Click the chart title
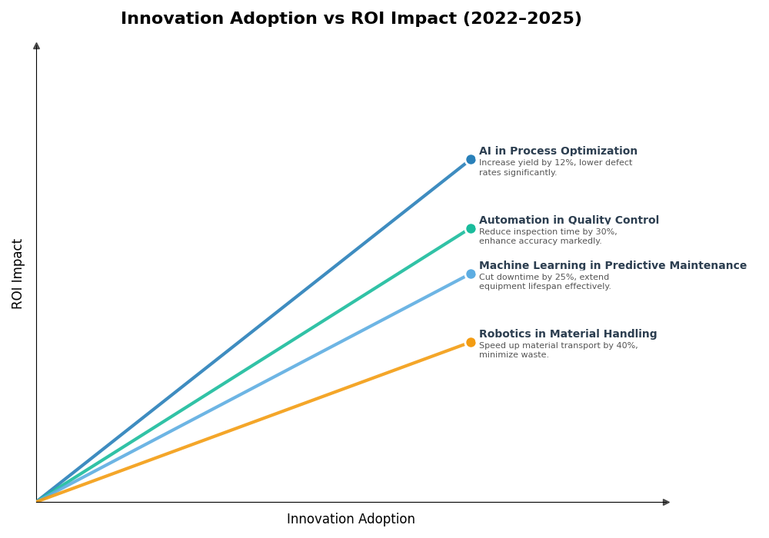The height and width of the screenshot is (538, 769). tap(351, 19)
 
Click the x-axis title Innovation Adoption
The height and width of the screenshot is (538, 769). tap(351, 520)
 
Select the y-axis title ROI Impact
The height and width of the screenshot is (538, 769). tap(18, 274)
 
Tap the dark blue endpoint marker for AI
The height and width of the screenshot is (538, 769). tap(471, 160)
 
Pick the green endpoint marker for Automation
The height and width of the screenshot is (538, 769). tap(471, 228)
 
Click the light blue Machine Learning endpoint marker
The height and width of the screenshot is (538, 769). tap(471, 274)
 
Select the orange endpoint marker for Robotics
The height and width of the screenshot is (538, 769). tap(471, 342)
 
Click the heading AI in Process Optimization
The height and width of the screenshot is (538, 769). tap(558, 151)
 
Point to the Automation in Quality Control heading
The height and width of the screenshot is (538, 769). tap(568, 221)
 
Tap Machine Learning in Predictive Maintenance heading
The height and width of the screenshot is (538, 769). tap(612, 266)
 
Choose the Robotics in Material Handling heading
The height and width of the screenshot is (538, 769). tap(568, 334)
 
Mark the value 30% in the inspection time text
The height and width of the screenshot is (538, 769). tap(606, 232)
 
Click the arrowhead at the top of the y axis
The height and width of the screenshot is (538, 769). tap(36, 46)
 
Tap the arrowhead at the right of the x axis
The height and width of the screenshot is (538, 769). tap(666, 502)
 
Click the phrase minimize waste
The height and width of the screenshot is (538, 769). tap(513, 355)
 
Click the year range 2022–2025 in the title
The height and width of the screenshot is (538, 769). tap(521, 19)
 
